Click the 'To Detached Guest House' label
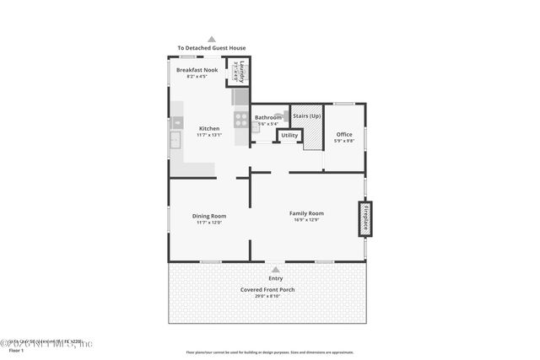tap(211, 48)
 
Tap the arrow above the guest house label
tap(212, 38)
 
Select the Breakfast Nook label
tap(197, 70)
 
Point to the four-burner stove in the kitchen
tap(240, 119)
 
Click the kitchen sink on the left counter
tap(176, 139)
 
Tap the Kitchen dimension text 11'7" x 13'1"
tap(209, 135)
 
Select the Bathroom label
tap(267, 117)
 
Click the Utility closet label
tap(289, 135)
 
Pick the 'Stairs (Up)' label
tap(307, 116)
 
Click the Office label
tap(344, 134)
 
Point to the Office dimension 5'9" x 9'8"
tap(344, 141)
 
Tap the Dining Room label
tap(209, 216)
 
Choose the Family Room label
tap(306, 213)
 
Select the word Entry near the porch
tap(276, 278)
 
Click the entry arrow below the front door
tap(276, 269)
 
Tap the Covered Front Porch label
tap(267, 290)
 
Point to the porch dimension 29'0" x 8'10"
tap(267, 297)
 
